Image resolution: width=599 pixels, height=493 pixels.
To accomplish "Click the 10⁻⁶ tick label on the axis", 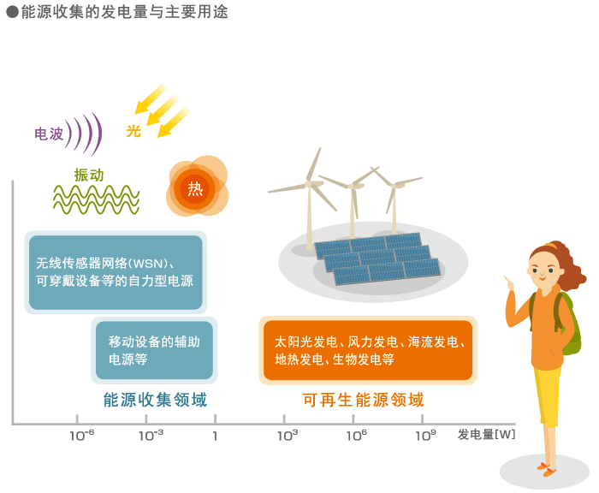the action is (x=82, y=435).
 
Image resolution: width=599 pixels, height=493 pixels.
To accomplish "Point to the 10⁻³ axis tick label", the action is (x=151, y=435).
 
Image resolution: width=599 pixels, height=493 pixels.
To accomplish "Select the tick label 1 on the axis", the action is (x=215, y=436).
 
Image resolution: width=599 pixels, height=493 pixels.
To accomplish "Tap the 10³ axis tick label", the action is (x=288, y=435).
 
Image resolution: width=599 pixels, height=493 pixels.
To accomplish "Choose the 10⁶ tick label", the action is (x=357, y=435).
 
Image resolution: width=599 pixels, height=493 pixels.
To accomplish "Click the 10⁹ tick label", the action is (x=425, y=435).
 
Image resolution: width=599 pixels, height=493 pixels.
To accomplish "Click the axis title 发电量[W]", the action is (x=486, y=435).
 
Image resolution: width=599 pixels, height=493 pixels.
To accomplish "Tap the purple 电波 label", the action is (x=49, y=134).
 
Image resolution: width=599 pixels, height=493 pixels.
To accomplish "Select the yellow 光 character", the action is (x=133, y=131).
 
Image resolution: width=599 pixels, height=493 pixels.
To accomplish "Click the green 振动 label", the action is (x=89, y=175).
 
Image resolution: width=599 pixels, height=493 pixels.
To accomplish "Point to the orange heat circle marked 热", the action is (x=195, y=188).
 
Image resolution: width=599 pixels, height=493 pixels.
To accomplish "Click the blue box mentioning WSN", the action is (x=116, y=272).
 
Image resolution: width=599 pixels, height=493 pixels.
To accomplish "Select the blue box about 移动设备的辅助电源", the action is (x=154, y=350).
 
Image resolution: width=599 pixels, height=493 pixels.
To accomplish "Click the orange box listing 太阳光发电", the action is (x=368, y=350).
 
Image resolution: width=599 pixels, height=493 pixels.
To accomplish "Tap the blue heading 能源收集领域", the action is (x=155, y=400).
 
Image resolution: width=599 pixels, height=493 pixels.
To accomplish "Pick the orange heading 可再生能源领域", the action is (x=364, y=400).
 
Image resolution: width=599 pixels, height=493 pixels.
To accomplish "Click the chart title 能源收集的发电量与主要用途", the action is (x=125, y=12).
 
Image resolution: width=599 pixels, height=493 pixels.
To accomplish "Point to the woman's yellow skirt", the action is (x=549, y=395).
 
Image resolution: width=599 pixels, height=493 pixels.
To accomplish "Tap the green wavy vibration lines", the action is (x=96, y=199).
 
